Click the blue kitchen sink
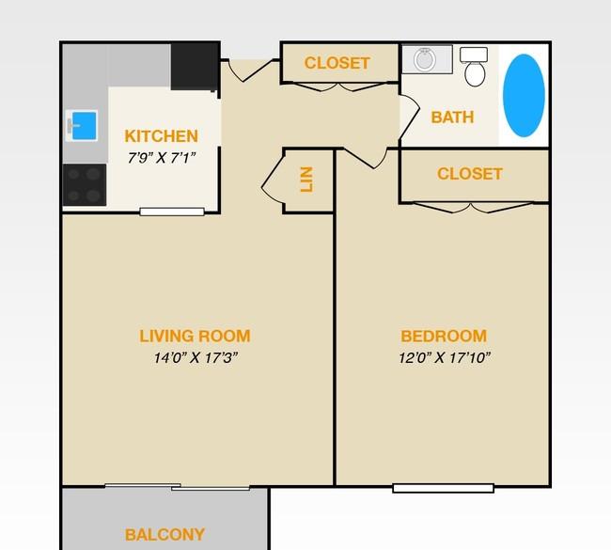pyautogui.click(x=84, y=126)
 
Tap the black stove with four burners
pyautogui.click(x=85, y=185)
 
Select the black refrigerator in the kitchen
pyautogui.click(x=195, y=67)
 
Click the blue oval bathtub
pyautogui.click(x=524, y=96)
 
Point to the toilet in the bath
pyautogui.click(x=475, y=67)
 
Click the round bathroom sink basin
pyautogui.click(x=425, y=59)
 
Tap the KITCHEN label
pyautogui.click(x=162, y=136)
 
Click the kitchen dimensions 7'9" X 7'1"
pyautogui.click(x=162, y=158)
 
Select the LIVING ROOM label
pyautogui.click(x=195, y=336)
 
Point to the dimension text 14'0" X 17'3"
pyautogui.click(x=196, y=357)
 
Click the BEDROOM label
pyautogui.click(x=444, y=336)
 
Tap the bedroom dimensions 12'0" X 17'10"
pyautogui.click(x=445, y=357)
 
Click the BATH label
pyautogui.click(x=452, y=118)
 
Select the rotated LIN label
pyautogui.click(x=306, y=180)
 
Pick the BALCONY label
pyautogui.click(x=164, y=534)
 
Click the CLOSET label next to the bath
pyautogui.click(x=337, y=63)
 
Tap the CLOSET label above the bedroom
pyautogui.click(x=470, y=174)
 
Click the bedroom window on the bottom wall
pyautogui.click(x=444, y=488)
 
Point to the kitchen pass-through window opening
pyautogui.click(x=172, y=212)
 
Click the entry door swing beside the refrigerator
pyautogui.click(x=249, y=71)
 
